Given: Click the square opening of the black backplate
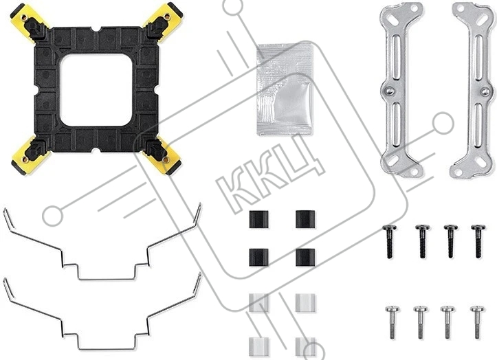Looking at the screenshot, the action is pos(96,90).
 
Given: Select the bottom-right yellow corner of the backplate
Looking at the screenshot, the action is pos(163,157).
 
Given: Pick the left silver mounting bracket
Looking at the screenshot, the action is pos(401,90).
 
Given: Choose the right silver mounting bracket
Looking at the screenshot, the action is pos(472,90).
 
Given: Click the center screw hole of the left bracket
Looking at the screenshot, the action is pos(390,91).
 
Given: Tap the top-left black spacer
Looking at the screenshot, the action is pos(258,219).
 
